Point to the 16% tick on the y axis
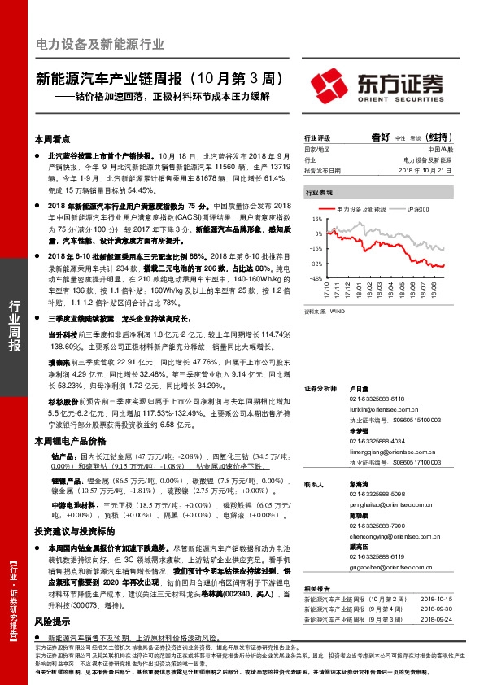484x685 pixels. [x=316, y=220]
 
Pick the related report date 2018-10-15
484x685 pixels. [x=436, y=598]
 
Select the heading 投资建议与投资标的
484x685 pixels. [x=70, y=530]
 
